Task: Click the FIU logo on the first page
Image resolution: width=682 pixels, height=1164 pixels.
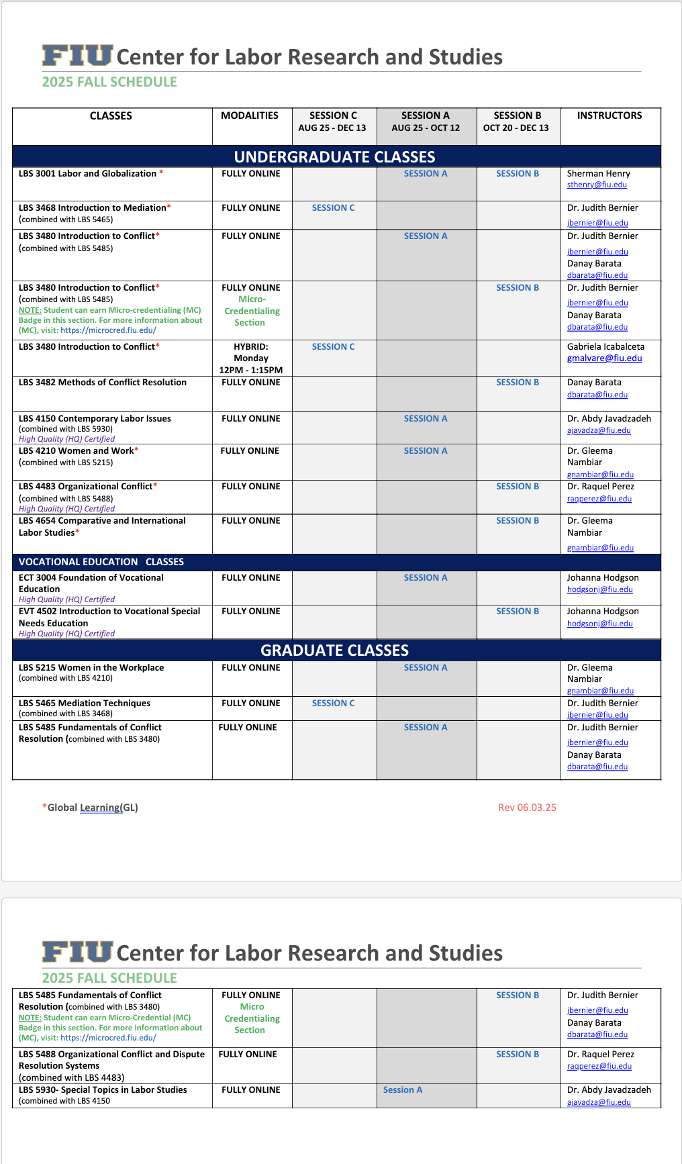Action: (77, 56)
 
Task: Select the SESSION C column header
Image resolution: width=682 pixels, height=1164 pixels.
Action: (333, 115)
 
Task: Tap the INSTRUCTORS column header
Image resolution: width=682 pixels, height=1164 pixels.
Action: (609, 115)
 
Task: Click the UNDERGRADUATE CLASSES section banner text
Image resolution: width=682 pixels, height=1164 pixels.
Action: (334, 157)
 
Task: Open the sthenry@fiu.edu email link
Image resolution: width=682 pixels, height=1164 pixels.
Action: (597, 185)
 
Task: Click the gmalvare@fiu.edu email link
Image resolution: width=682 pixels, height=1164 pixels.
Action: (604, 358)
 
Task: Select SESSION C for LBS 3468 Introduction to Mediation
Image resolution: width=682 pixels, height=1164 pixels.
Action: (333, 208)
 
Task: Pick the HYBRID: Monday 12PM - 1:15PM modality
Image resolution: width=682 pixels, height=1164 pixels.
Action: (251, 358)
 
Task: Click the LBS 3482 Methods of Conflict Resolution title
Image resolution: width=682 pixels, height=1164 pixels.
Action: (103, 383)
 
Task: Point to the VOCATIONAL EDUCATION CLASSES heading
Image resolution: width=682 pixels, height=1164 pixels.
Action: (101, 562)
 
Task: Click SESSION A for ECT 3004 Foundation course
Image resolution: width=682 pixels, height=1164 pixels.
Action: (426, 578)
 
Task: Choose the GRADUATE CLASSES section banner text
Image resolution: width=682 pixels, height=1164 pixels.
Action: (334, 650)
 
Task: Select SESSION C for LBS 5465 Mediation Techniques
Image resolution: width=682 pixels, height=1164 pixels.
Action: (333, 704)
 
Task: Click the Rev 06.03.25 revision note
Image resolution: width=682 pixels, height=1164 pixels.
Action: (527, 808)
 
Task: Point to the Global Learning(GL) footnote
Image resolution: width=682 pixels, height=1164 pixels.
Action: (91, 808)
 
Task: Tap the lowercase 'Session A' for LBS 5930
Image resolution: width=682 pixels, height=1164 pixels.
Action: (403, 1090)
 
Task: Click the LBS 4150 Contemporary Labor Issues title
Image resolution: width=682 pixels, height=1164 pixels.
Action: (95, 419)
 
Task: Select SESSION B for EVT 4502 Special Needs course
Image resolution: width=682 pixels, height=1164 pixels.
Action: (518, 612)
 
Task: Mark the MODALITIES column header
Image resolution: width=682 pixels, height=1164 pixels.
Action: (250, 115)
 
